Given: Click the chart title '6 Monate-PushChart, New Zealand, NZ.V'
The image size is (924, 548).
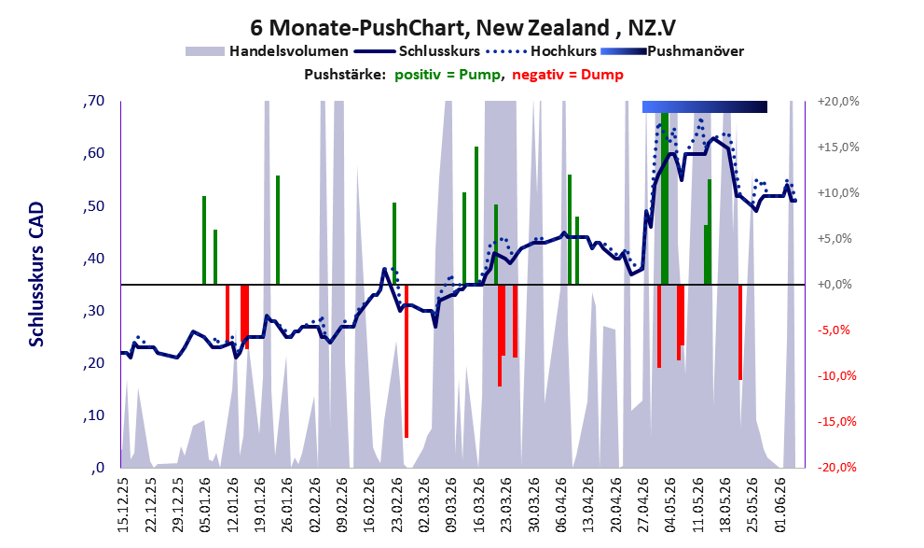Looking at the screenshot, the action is click(x=462, y=28).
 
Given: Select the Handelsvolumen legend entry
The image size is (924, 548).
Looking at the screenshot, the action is click(x=267, y=51).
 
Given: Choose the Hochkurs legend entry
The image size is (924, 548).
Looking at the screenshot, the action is click(x=541, y=51).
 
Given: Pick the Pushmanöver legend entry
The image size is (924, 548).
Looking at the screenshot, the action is click(x=671, y=51).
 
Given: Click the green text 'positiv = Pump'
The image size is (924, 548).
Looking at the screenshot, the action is click(x=448, y=75).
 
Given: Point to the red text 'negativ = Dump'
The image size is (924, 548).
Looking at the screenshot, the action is click(x=568, y=75).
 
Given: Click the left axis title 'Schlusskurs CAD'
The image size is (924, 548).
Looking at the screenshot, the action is click(x=36, y=274).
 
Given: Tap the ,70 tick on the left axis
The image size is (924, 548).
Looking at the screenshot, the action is click(x=93, y=101).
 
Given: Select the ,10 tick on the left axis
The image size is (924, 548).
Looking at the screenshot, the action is click(x=93, y=415).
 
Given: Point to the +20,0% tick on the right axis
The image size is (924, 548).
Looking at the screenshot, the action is click(x=838, y=102).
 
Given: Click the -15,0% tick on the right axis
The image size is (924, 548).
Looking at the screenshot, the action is click(x=837, y=422).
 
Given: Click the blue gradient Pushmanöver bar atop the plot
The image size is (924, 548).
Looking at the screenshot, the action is click(x=705, y=106).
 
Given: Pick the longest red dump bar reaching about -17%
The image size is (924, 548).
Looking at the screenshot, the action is click(x=406, y=361).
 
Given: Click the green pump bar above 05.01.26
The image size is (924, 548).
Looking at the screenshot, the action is click(x=204, y=240).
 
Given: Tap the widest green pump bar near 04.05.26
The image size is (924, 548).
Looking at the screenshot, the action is click(x=665, y=199).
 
